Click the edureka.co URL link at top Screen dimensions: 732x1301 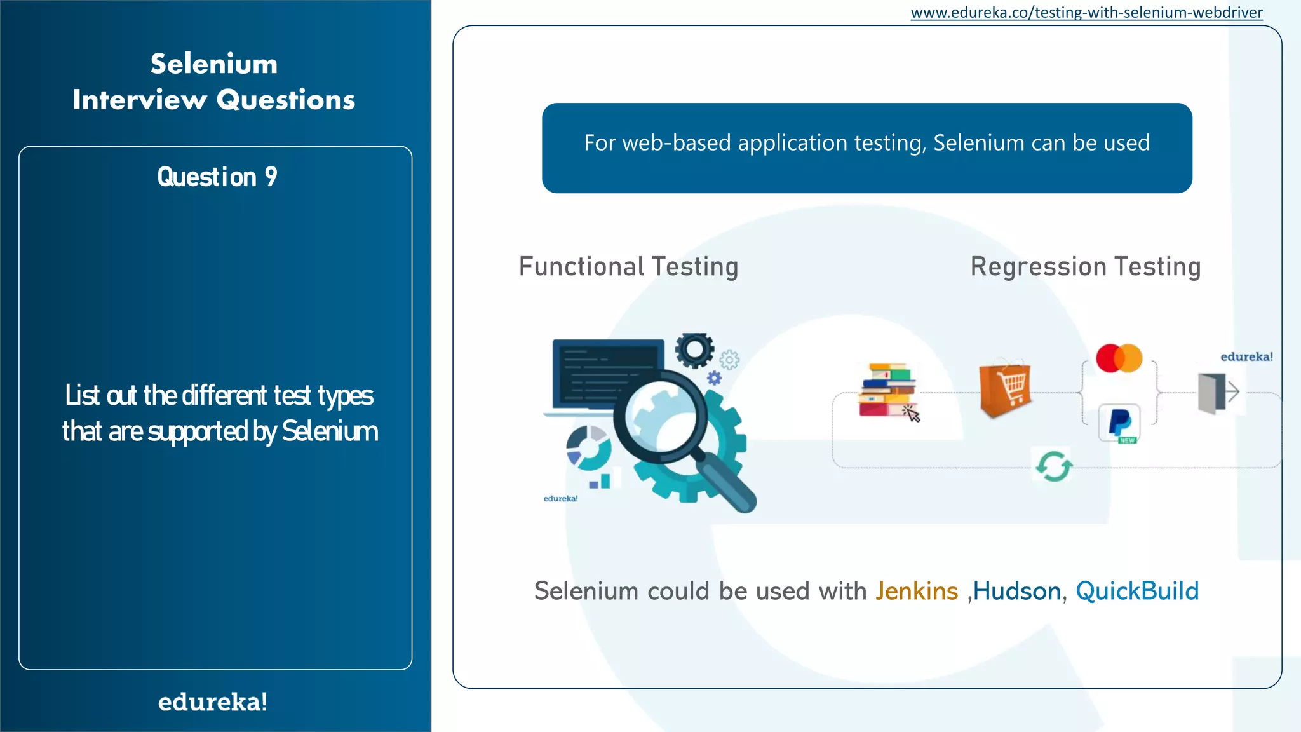pyautogui.click(x=1086, y=13)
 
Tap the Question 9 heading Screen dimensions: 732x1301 pyautogui.click(x=217, y=177)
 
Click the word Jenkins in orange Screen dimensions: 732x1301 pyautogui.click(x=916, y=591)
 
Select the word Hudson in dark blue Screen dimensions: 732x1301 pyautogui.click(x=1016, y=591)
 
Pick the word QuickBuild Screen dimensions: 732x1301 pyautogui.click(x=1137, y=591)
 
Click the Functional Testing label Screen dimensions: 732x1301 pyautogui.click(x=628, y=267)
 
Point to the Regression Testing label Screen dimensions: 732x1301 pyautogui.click(x=1085, y=267)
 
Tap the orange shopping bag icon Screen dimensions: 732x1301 pyautogui.click(x=1004, y=389)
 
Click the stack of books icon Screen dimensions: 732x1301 pyautogui.click(x=887, y=390)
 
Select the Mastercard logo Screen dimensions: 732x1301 pyautogui.click(x=1119, y=358)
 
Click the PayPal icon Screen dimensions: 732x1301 pyautogui.click(x=1119, y=423)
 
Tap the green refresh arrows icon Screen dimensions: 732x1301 pyautogui.click(x=1054, y=466)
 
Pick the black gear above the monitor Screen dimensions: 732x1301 pyautogui.click(x=694, y=349)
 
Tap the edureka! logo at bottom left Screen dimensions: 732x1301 pyautogui.click(x=213, y=702)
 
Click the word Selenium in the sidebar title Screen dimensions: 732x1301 pyautogui.click(x=214, y=64)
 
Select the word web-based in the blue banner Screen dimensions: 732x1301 pyautogui.click(x=677, y=143)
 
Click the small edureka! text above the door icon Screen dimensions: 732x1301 pyautogui.click(x=1246, y=356)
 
